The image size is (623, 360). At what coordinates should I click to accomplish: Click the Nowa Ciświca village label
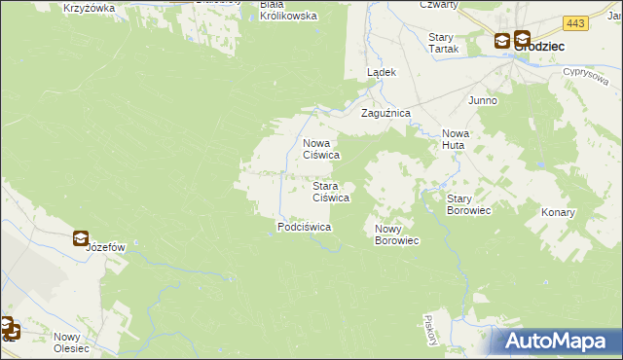[320, 148]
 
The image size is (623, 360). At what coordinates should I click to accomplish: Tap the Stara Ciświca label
[330, 191]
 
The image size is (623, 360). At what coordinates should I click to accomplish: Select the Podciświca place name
[305, 227]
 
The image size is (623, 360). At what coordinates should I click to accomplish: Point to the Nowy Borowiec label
[396, 234]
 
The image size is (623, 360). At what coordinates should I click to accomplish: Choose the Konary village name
[558, 212]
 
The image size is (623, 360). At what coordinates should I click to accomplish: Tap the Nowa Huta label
[455, 139]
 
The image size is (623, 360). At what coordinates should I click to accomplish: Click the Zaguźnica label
[386, 114]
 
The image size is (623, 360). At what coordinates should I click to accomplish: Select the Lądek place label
[381, 73]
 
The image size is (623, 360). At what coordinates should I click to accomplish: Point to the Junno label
[483, 100]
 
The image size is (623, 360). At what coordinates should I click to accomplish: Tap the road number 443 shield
[575, 22]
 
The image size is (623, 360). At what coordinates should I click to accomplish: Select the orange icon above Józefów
[80, 236]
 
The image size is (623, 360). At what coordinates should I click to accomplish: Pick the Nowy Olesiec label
[71, 342]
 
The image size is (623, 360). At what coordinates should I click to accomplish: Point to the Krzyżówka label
[89, 8]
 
